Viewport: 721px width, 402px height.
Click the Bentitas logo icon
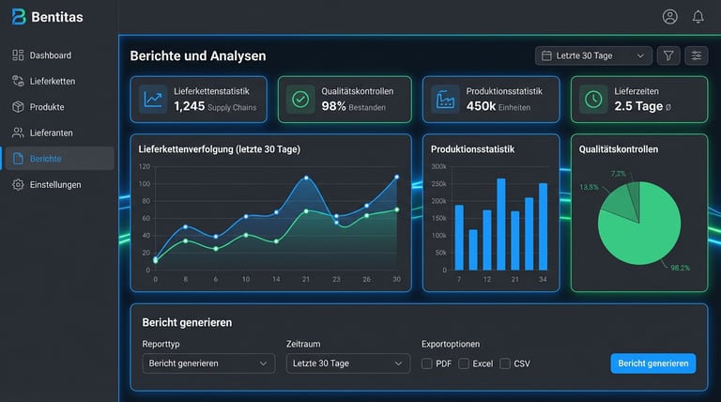pyautogui.click(x=19, y=17)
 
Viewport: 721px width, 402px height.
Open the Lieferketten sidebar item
pyautogui.click(x=52, y=81)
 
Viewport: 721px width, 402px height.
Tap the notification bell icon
pyautogui.click(x=698, y=17)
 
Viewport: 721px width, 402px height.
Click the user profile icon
pyautogui.click(x=669, y=17)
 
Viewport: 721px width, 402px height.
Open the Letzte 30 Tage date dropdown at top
pyautogui.click(x=593, y=56)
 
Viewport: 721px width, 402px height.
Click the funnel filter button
pyautogui.click(x=668, y=56)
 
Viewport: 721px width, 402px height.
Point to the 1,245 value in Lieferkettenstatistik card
pyautogui.click(x=189, y=106)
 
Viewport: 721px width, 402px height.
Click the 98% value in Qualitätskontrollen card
pyautogui.click(x=334, y=106)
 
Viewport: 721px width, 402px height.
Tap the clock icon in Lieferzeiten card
pyautogui.click(x=592, y=99)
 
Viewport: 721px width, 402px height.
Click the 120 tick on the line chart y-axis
pyautogui.click(x=144, y=166)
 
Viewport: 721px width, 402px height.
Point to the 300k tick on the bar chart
pyautogui.click(x=438, y=166)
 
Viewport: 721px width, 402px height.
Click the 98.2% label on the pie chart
pyautogui.click(x=680, y=268)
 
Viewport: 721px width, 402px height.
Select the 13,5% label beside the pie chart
pyautogui.click(x=589, y=187)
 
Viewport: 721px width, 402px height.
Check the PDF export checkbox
pyautogui.click(x=427, y=363)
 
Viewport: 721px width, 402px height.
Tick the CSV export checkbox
pyautogui.click(x=505, y=363)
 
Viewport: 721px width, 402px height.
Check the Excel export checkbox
pyautogui.click(x=464, y=363)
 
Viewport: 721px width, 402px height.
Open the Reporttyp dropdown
pyautogui.click(x=208, y=363)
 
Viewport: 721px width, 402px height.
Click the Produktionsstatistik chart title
pyautogui.click(x=472, y=149)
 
